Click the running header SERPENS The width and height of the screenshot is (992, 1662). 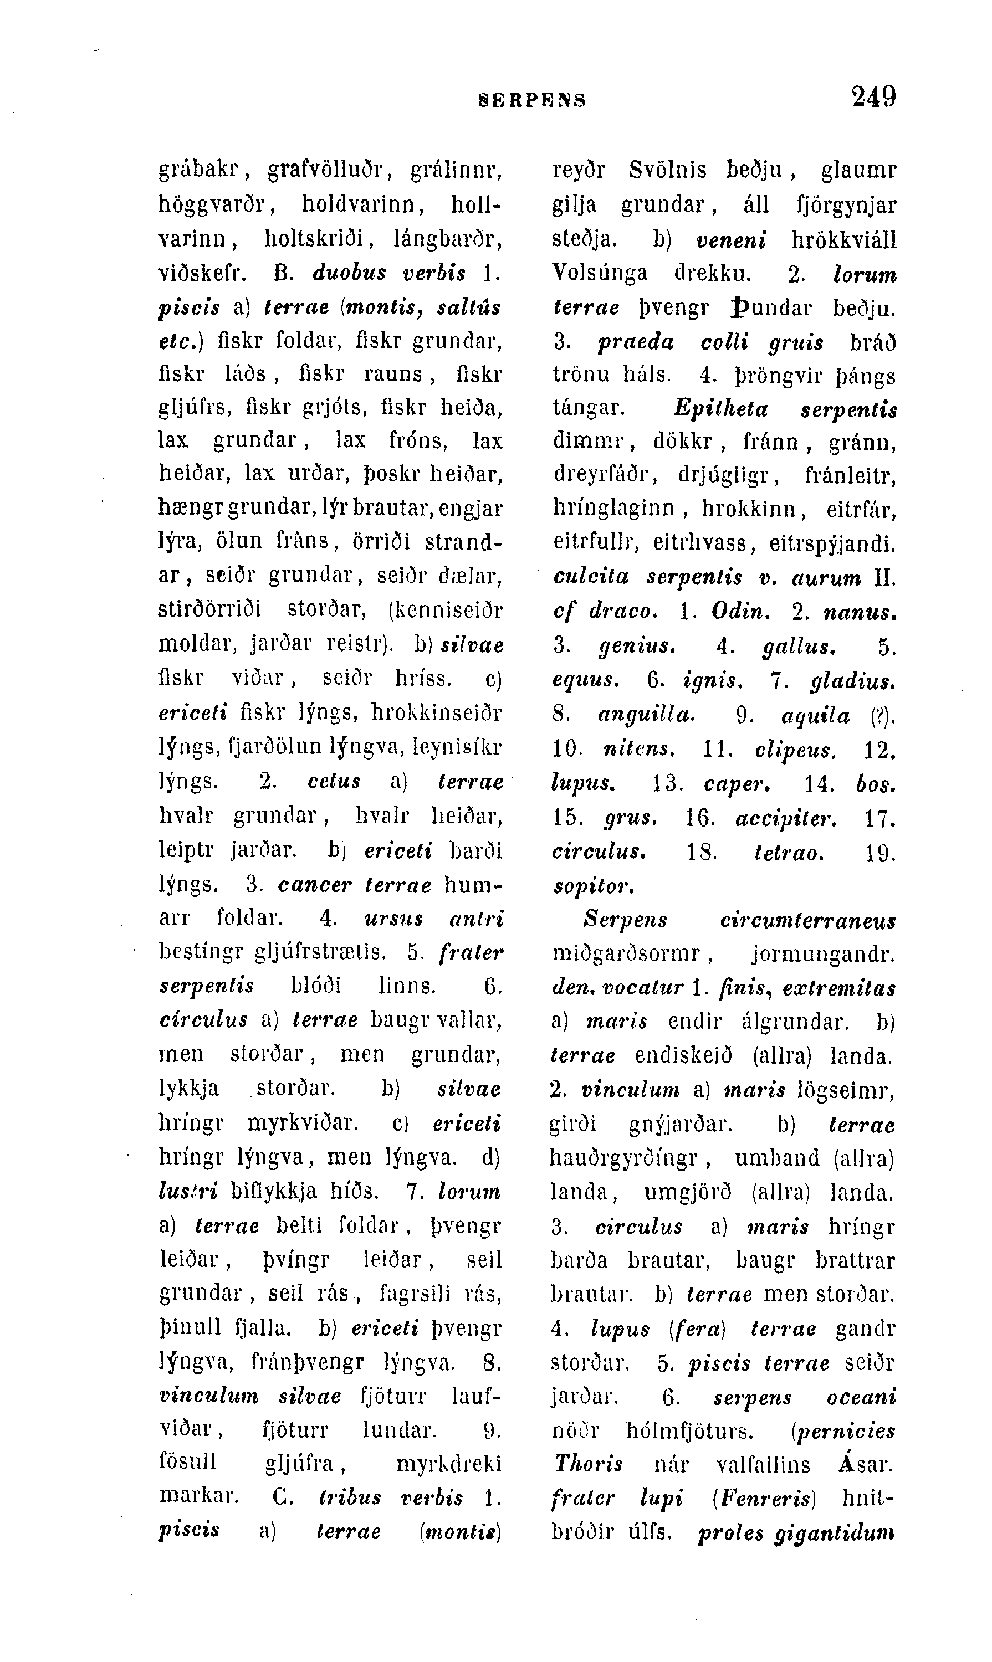pos(533,100)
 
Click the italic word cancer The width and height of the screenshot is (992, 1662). pos(314,884)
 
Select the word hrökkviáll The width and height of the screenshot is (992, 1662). pos(843,239)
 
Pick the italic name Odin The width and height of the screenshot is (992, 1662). pos(733,612)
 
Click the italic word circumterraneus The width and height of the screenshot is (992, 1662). pos(807,921)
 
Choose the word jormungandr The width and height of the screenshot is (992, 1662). pos(823,953)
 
